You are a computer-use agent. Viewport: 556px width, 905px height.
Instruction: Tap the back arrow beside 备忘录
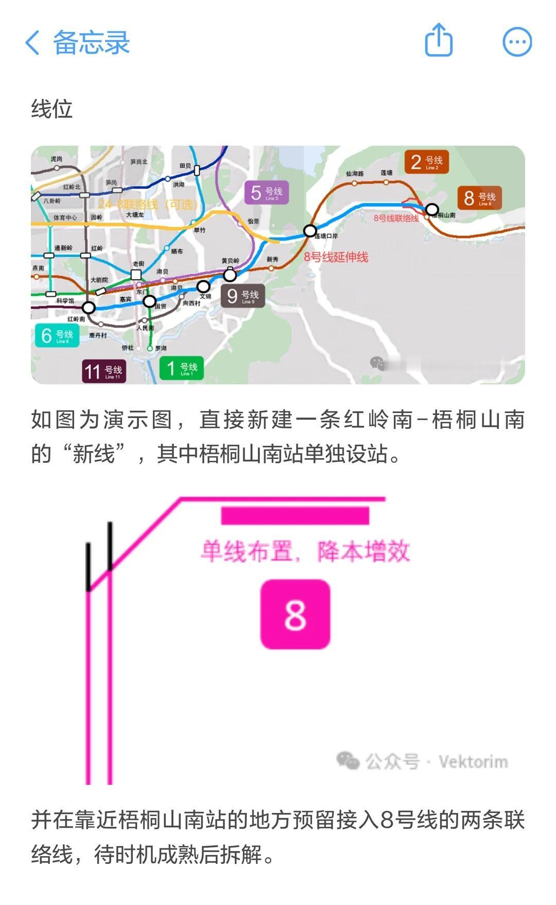[32, 42]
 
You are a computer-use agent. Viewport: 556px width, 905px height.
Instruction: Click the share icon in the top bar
[439, 40]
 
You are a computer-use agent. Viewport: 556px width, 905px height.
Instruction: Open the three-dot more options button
[517, 42]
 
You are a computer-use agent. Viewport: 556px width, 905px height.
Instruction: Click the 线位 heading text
[51, 109]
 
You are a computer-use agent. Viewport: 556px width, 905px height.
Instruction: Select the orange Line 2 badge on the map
[426, 162]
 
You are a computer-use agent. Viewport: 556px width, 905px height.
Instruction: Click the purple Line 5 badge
[266, 193]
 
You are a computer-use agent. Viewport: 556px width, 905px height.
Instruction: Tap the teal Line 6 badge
[57, 336]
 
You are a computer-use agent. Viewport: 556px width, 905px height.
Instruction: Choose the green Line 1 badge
[182, 368]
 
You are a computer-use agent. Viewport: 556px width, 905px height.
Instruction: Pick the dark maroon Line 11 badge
[104, 371]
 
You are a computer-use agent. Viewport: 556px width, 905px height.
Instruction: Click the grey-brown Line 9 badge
[243, 296]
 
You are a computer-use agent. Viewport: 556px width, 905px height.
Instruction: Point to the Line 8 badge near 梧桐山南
[479, 198]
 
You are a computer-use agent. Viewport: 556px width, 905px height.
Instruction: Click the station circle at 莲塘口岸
[310, 231]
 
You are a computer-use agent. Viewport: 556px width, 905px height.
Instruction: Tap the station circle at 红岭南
[89, 308]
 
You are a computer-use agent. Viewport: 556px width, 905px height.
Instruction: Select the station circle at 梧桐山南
[432, 209]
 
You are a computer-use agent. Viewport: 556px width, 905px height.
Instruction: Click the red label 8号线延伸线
[336, 257]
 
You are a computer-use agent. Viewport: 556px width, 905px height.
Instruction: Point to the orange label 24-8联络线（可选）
[148, 205]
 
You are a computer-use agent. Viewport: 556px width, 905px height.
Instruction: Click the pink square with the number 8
[295, 614]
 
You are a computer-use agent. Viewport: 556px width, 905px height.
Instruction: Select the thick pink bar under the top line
[295, 516]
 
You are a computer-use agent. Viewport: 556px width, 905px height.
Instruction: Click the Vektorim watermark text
[473, 762]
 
